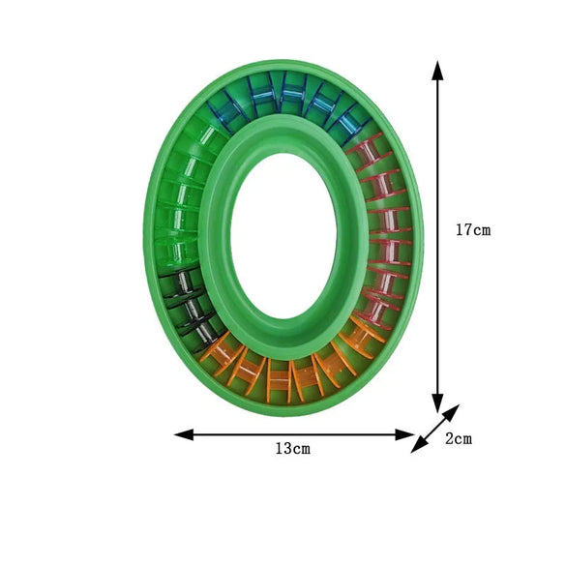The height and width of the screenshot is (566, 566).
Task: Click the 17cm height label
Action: (x=473, y=230)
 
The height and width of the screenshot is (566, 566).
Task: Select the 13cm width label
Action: (x=291, y=449)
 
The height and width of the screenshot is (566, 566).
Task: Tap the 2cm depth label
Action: (x=459, y=438)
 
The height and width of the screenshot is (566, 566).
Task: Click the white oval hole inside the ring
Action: (x=283, y=237)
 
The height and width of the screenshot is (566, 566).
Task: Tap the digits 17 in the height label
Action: (x=463, y=230)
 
